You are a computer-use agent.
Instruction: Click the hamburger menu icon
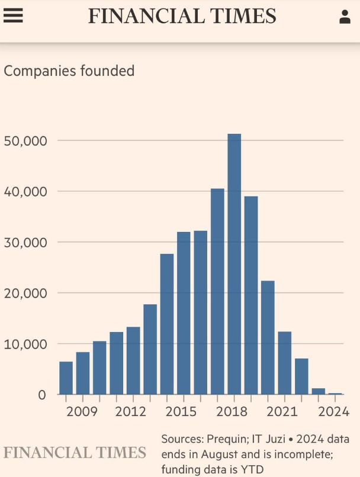point(13,16)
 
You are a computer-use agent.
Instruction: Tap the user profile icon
point(345,17)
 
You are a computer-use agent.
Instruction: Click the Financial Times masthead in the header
point(182,16)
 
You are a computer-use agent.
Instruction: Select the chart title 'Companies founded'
point(69,72)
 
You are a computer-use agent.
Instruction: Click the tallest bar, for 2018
point(234,264)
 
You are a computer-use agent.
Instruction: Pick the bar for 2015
point(184,313)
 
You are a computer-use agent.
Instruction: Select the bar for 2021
point(285,363)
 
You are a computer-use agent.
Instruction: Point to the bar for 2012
point(133,360)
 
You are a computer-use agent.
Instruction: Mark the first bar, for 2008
point(66,378)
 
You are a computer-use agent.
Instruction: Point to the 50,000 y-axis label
point(25,141)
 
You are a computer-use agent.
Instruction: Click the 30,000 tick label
point(25,243)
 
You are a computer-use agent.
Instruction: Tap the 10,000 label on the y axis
point(25,344)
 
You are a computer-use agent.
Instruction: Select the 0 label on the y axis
point(42,395)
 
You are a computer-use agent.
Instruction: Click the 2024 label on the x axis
point(333,412)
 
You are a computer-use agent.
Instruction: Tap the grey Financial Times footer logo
point(75,453)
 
